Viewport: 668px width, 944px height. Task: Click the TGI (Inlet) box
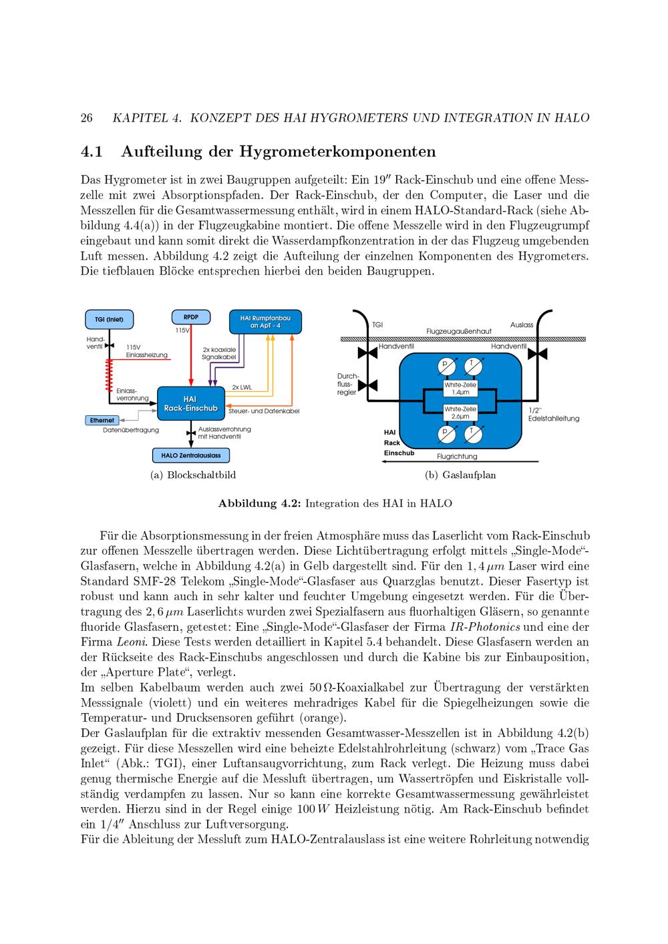[x=110, y=319]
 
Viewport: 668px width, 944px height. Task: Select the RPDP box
[x=191, y=317]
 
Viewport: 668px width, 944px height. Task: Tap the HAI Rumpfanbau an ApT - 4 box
[x=265, y=322]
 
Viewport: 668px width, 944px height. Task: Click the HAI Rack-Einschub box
[x=191, y=404]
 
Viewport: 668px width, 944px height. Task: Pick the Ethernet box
[x=102, y=420]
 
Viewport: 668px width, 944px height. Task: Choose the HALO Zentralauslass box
[x=191, y=455]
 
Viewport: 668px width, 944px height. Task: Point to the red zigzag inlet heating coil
[x=110, y=375]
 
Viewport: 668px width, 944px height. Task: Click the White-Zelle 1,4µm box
[x=460, y=389]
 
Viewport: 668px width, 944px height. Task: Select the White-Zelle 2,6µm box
[x=460, y=413]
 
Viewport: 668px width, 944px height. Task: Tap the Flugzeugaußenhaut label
[x=459, y=331]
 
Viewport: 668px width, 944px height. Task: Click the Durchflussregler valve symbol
[x=367, y=385]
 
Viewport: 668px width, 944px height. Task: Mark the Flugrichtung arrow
[x=460, y=461]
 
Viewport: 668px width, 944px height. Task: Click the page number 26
[x=86, y=117]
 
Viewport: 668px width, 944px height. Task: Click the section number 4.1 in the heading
[x=92, y=152]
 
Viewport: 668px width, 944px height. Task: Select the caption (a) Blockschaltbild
[x=193, y=475]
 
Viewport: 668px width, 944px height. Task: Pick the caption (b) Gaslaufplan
[x=460, y=475]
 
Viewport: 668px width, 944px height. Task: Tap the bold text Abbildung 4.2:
[x=259, y=503]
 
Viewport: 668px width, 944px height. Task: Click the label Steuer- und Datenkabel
[x=264, y=411]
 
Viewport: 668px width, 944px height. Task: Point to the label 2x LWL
[x=242, y=387]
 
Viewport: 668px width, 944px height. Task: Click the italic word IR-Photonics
[x=485, y=627]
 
